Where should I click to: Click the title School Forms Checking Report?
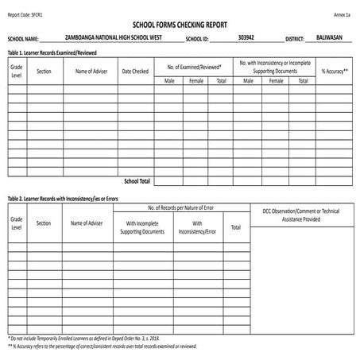click(x=180, y=25)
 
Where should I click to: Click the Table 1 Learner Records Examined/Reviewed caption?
click(x=56, y=52)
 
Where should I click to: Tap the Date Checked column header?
click(x=135, y=72)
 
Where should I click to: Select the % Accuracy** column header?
click(x=335, y=72)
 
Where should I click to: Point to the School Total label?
click(x=137, y=182)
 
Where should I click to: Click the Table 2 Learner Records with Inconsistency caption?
click(x=62, y=198)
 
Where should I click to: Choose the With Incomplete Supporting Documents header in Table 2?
click(x=142, y=228)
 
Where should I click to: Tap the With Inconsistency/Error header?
click(x=197, y=228)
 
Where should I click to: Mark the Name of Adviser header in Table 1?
click(x=91, y=72)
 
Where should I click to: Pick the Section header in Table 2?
click(x=44, y=223)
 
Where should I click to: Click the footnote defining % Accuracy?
click(x=102, y=347)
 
